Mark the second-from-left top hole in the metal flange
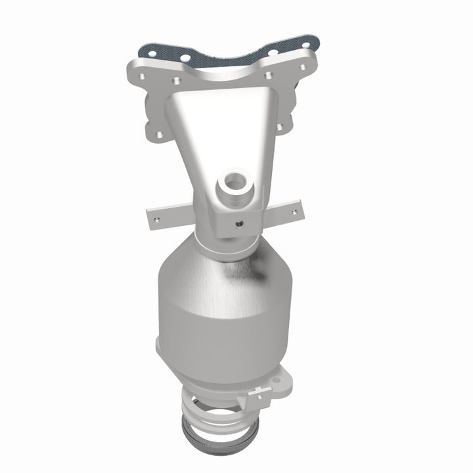pos(176,79)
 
